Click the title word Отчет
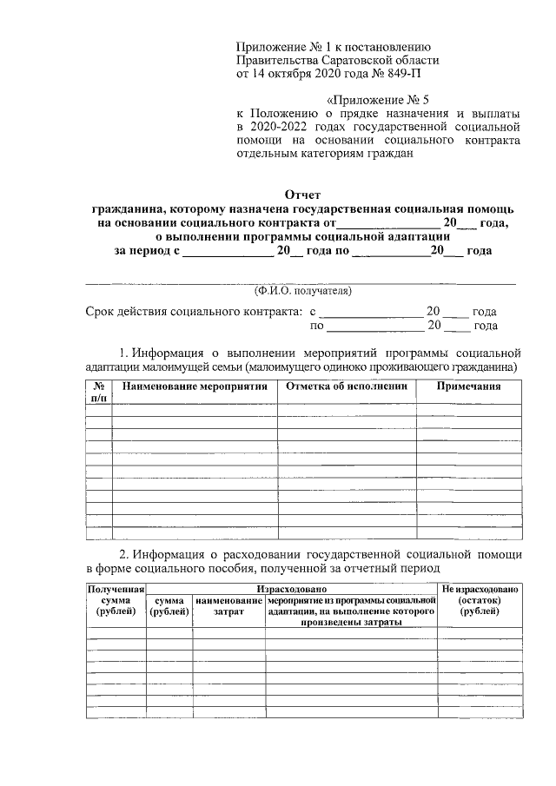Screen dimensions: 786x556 [x=303, y=195]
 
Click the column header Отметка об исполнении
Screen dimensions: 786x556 [x=346, y=386]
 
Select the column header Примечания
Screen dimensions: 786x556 [x=469, y=386]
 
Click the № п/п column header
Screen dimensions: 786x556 [x=98, y=392]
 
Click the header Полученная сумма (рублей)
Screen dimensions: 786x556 [x=115, y=600]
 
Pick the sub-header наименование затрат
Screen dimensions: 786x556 [x=228, y=606]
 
